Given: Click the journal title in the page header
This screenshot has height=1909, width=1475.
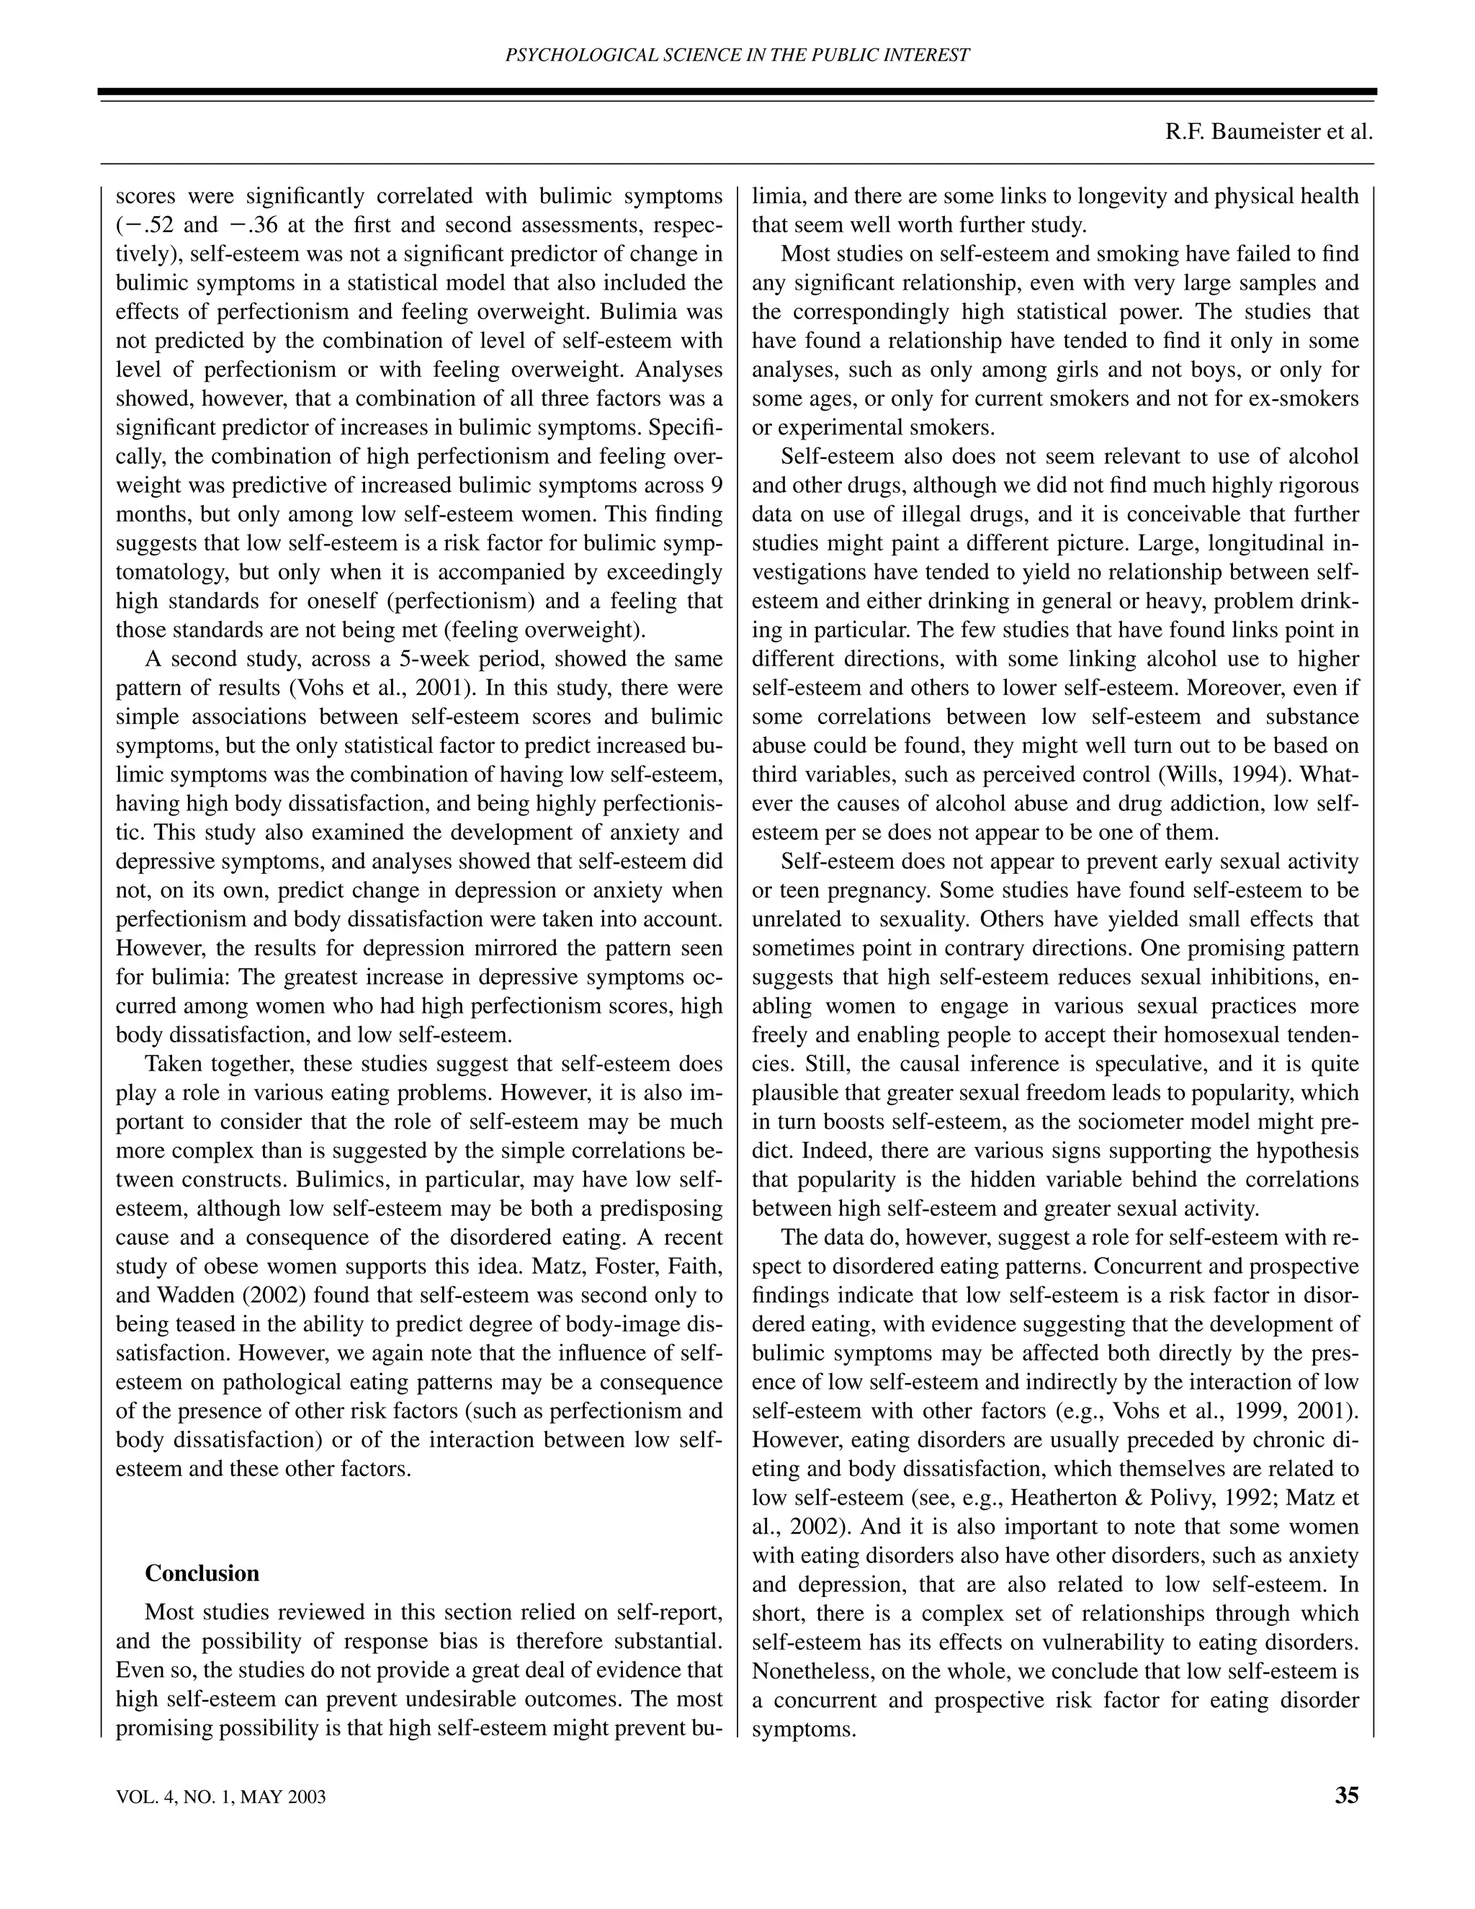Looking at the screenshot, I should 737,55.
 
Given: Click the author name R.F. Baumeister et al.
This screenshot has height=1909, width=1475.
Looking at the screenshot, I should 1269,132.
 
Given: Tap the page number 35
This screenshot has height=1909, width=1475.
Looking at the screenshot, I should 1347,1795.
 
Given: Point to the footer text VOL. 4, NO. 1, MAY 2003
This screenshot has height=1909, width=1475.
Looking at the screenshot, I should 221,1797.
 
